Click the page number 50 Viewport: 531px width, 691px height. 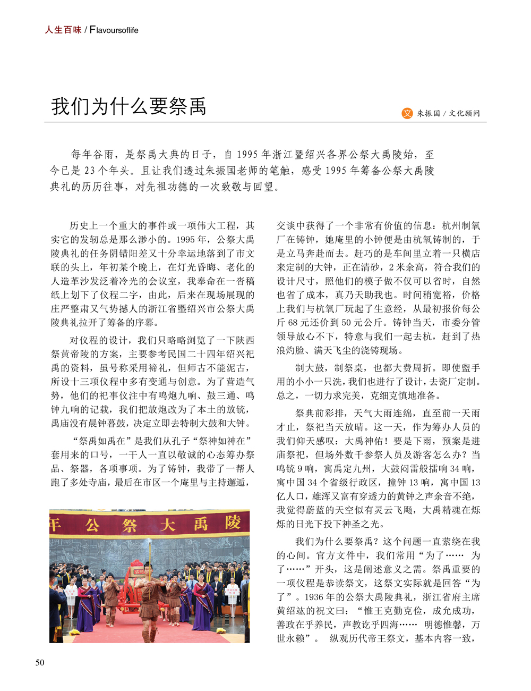[40, 662]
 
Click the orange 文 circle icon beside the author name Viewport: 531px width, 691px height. [407, 113]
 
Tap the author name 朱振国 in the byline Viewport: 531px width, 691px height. [429, 113]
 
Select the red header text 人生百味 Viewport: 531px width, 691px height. [63, 30]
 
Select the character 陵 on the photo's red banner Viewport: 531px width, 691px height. [233, 523]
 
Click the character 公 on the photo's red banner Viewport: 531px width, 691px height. [92, 525]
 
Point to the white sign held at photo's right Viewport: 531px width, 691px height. [231, 592]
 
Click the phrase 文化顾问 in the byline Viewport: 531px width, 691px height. [464, 113]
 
